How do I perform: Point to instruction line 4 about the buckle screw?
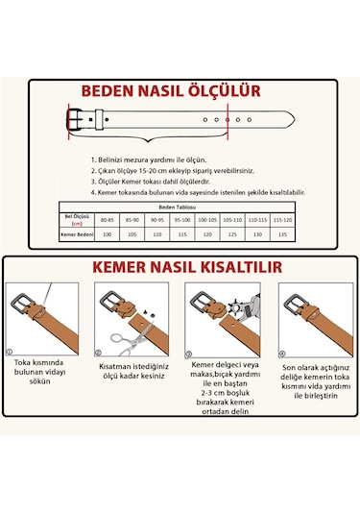point(197,192)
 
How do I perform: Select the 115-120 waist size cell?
point(282,220)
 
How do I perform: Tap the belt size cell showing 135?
point(282,234)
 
